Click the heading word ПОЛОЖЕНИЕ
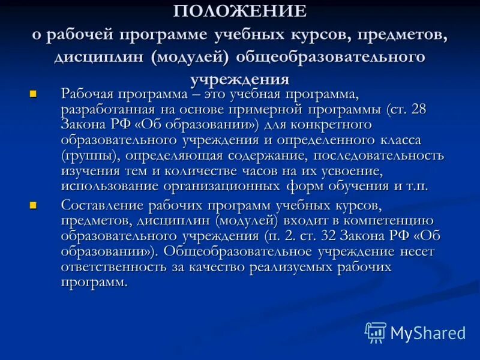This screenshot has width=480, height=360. pyautogui.click(x=240, y=11)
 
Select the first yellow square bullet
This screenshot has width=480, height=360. pyautogui.click(x=34, y=94)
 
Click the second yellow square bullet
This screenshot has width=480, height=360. pyautogui.click(x=34, y=205)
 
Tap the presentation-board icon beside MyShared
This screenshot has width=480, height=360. pyautogui.click(x=376, y=332)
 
